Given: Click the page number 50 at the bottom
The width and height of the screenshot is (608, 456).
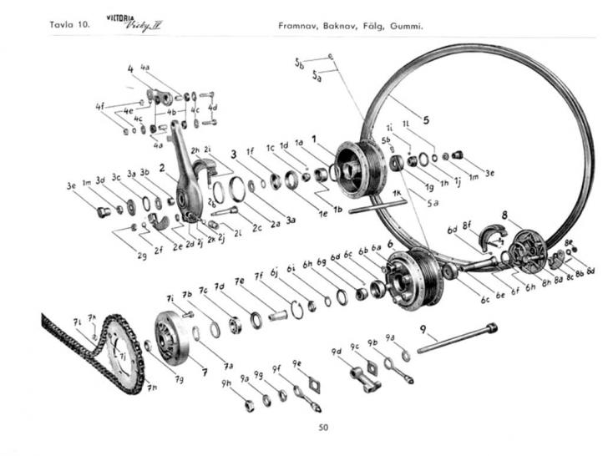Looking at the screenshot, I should pyautogui.click(x=323, y=428).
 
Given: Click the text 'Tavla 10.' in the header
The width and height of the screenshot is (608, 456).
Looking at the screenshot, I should pyautogui.click(x=69, y=25).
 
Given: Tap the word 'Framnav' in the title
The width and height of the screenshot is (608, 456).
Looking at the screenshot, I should pyautogui.click(x=299, y=25).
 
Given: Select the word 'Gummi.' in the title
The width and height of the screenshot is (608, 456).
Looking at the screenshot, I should pyautogui.click(x=407, y=25).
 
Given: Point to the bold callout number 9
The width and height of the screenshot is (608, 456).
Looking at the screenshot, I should pyautogui.click(x=424, y=329).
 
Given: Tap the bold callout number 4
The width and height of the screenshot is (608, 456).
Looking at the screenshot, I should pyautogui.click(x=130, y=68).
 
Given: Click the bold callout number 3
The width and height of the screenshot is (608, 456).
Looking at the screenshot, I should pyautogui.click(x=234, y=154).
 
